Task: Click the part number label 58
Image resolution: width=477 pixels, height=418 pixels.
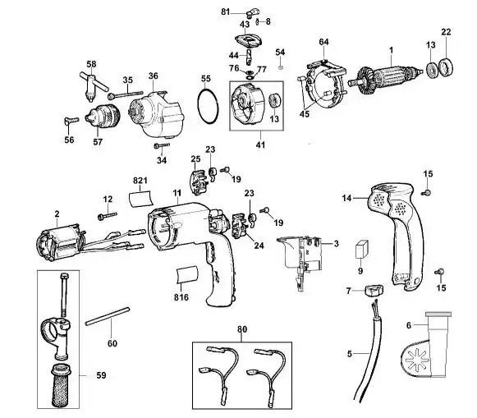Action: click(91, 64)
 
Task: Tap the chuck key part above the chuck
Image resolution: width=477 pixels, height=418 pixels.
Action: click(93, 85)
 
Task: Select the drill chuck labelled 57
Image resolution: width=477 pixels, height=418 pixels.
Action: click(102, 118)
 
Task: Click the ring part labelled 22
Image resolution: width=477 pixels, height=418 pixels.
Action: click(446, 67)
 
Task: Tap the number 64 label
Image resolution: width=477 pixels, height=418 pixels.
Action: click(323, 42)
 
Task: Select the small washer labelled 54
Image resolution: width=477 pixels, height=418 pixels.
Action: click(281, 67)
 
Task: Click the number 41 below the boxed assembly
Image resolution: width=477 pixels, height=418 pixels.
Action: click(260, 145)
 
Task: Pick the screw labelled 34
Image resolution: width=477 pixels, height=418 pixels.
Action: click(162, 145)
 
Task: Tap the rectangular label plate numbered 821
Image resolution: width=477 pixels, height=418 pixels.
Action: click(140, 199)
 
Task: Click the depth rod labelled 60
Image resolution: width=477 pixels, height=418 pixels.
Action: click(108, 316)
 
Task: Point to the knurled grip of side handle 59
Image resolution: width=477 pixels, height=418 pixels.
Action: click(60, 386)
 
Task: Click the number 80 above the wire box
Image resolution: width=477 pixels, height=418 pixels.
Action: click(242, 329)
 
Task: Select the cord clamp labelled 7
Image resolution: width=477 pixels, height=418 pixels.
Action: click(374, 290)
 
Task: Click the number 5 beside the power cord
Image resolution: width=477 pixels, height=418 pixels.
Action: click(349, 354)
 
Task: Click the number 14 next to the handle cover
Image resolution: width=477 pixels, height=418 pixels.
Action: click(346, 199)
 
